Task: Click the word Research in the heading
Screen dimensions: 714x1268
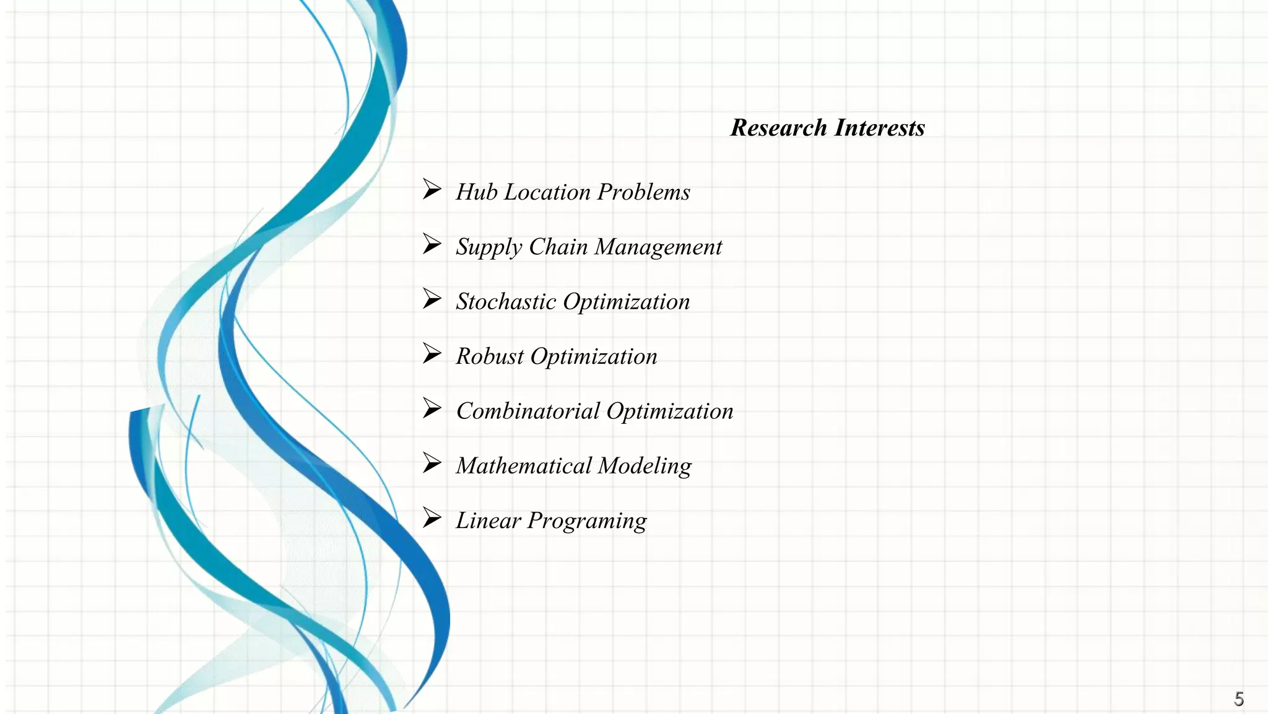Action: (x=778, y=128)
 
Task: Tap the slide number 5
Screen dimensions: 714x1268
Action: (x=1238, y=699)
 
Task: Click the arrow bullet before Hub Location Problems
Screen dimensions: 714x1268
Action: (x=432, y=189)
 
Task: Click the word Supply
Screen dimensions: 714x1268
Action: (x=489, y=247)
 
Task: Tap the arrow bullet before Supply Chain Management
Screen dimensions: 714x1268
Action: (x=432, y=244)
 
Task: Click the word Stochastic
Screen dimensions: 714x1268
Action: (x=506, y=302)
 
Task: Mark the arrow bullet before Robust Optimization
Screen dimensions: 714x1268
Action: (x=432, y=353)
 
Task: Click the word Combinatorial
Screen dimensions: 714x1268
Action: (x=528, y=411)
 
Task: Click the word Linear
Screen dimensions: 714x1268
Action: (x=488, y=521)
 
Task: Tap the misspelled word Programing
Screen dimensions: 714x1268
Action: (x=586, y=521)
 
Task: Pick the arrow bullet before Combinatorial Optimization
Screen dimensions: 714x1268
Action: (x=432, y=408)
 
